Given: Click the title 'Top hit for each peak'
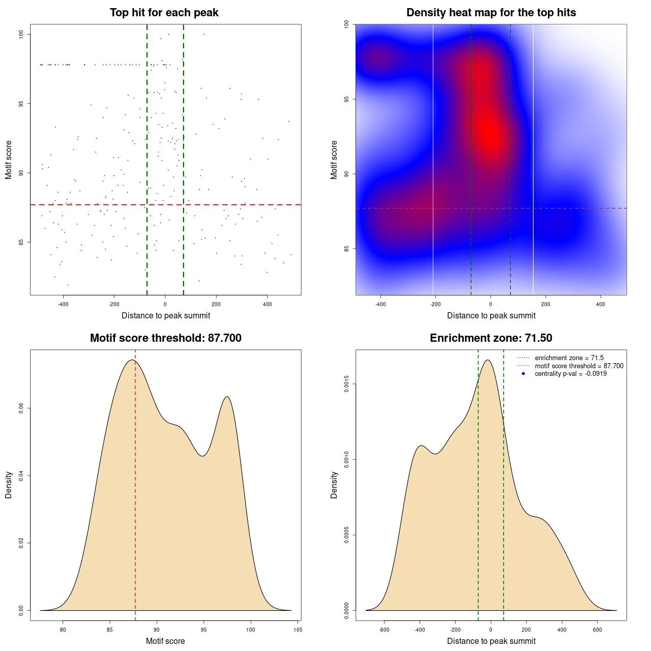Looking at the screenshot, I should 164,13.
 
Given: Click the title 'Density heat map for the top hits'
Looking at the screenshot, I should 491,13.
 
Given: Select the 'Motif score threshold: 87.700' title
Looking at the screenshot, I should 165,338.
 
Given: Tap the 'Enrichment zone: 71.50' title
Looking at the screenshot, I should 491,338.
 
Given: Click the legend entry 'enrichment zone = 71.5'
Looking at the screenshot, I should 569,358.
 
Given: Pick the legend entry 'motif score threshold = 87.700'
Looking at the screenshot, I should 579,366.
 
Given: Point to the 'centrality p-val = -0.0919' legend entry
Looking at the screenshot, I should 571,374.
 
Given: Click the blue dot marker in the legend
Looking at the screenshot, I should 523,374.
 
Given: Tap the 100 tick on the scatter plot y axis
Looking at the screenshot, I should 21,34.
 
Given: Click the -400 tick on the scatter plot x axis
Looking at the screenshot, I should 63,304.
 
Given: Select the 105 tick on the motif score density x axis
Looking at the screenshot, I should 298,630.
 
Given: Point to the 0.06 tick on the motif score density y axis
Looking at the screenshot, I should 21,408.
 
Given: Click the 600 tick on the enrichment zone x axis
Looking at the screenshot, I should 598,630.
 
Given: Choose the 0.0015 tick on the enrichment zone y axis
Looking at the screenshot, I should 347,384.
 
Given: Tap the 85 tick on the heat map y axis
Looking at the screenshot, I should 347,249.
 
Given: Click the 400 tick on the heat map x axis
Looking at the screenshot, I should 601,304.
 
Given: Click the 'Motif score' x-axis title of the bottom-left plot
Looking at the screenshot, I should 165,641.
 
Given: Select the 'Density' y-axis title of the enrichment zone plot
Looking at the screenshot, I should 334,485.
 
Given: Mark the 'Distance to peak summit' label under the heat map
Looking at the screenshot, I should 491,315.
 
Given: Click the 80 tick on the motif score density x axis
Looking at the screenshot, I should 63,630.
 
